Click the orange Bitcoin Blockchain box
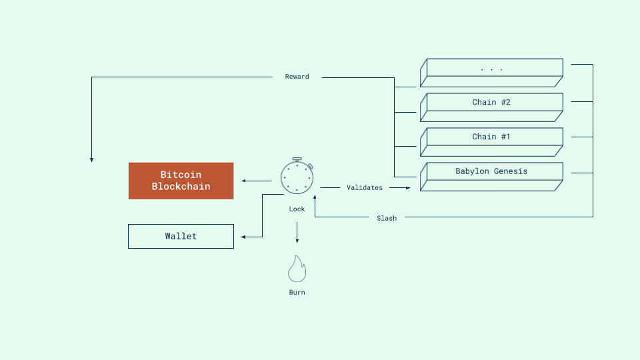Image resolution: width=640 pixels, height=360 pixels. coord(181,181)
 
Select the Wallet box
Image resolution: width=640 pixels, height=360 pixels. coord(181,236)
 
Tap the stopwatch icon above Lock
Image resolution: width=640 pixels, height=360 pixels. coord(297,177)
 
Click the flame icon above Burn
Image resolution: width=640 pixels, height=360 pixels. coord(297,269)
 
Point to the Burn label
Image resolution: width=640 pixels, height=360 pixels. coord(297,292)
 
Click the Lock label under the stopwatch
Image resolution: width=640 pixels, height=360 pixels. coord(297,209)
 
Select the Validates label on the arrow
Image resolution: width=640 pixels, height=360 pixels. coord(365,188)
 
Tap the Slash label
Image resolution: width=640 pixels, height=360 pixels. coord(387,218)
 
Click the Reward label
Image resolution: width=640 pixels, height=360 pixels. coord(297,77)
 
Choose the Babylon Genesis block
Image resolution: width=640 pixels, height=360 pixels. coord(491,172)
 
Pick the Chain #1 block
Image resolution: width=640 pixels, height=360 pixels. coord(491,137)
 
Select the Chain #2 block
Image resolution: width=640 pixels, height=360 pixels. coord(491,103)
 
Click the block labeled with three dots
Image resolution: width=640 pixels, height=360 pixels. coord(491,68)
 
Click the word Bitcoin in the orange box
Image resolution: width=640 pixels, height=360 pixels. coord(181,175)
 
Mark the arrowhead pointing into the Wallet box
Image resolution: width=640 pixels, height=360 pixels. coord(244,237)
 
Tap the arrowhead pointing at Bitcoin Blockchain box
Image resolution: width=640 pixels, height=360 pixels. coord(244,181)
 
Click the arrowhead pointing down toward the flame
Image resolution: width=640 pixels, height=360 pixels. coord(297,241)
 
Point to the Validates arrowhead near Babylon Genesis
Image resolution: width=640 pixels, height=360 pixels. coord(409,188)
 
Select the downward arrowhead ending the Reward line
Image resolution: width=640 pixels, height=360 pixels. coord(91,160)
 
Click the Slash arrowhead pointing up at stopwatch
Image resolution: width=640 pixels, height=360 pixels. coord(315,198)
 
